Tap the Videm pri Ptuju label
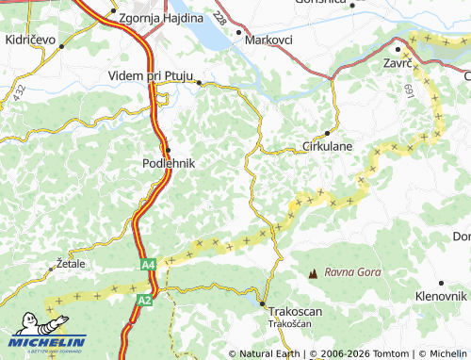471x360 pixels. [152, 75]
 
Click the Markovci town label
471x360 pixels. [268, 41]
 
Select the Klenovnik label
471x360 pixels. [441, 296]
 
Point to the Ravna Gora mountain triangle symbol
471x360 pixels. [313, 272]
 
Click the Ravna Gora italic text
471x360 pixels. [352, 272]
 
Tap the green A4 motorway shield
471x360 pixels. [148, 265]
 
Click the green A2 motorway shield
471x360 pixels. [143, 300]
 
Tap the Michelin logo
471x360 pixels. [47, 337]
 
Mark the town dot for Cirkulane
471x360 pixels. [327, 133]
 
